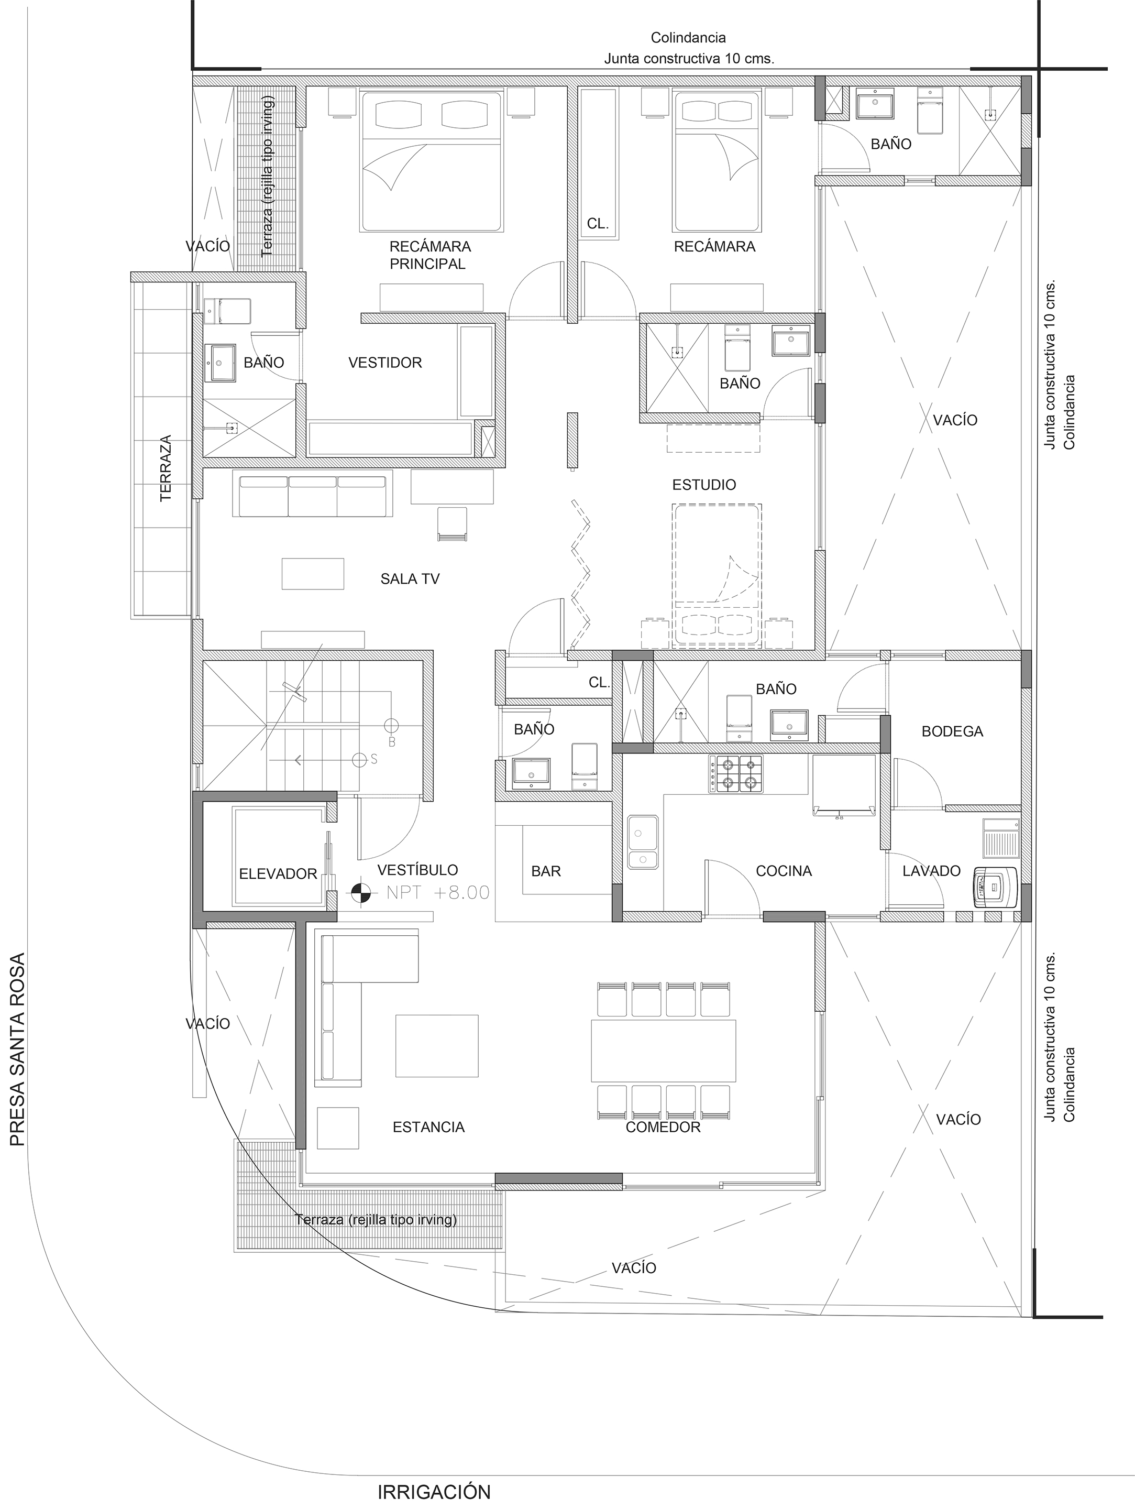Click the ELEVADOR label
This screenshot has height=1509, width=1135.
point(278,874)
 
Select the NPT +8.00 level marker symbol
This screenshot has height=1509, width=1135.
point(361,892)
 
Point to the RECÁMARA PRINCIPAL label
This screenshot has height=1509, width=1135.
point(429,255)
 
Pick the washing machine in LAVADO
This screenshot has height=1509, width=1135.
point(996,887)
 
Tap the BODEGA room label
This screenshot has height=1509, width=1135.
point(952,732)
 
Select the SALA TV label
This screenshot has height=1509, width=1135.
point(410,579)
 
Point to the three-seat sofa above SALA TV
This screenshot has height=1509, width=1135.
point(312,497)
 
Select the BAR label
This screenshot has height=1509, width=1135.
point(546,871)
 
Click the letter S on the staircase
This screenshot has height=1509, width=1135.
point(374,759)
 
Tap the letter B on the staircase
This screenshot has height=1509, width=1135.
point(392,741)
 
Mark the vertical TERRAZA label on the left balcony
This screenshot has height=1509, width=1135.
point(166,468)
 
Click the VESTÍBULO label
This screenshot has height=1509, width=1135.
point(417,870)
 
